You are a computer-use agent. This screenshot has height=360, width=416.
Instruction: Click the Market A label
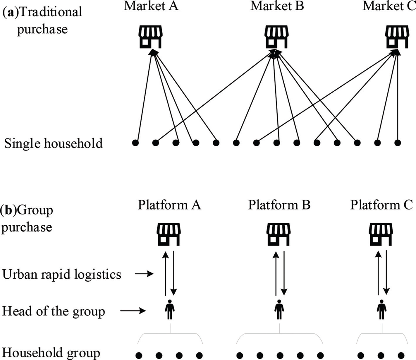pos(151,6)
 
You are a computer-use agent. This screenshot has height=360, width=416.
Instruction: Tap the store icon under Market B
pos(276,37)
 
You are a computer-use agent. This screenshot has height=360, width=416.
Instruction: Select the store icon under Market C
pos(397,37)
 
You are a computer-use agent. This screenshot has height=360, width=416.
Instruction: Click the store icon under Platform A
pos(169,234)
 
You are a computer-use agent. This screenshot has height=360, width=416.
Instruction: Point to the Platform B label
pos(279,205)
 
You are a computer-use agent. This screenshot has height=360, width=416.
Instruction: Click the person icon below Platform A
pos(170,310)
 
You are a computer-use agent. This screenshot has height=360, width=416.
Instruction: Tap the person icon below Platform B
pos(279,310)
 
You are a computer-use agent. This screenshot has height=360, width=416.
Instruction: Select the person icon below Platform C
pos(381,310)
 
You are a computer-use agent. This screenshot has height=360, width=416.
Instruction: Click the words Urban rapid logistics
pos(62,275)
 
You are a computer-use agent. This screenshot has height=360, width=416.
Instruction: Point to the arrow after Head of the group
pos(133,311)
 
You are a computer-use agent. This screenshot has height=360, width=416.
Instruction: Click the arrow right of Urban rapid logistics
pos(144,274)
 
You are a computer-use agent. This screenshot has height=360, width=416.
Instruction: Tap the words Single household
pos(54,143)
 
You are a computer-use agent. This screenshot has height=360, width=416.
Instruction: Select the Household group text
pos(51,353)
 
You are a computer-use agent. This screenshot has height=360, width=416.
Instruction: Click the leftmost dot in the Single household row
pos(135,143)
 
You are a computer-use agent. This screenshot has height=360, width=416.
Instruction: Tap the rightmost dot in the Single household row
pos(397,143)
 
